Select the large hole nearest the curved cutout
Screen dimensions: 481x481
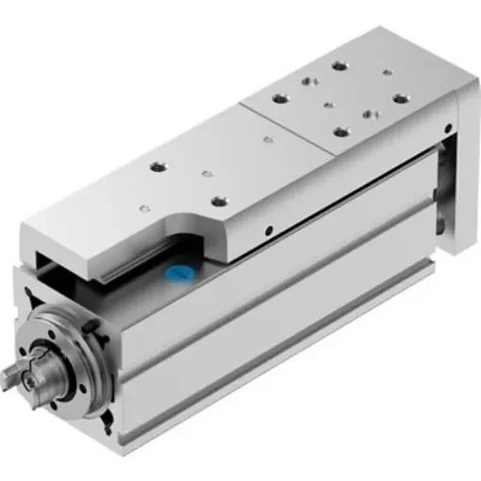219,201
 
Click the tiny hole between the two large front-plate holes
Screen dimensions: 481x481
202,174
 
